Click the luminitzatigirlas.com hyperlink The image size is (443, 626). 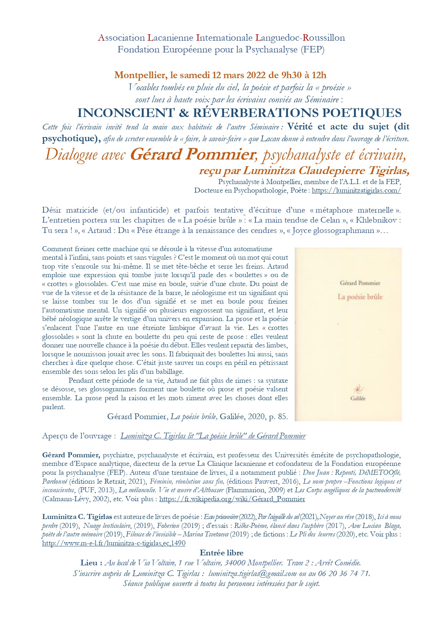pyautogui.click(x=356, y=190)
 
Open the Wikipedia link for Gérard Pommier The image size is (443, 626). pyautogui.click(x=232, y=499)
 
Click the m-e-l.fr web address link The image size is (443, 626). pyautogui.click(x=114, y=543)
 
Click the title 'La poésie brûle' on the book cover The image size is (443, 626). pyautogui.click(x=360, y=297)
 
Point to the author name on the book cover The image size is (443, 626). pyautogui.click(x=360, y=283)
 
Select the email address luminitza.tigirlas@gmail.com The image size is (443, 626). pyautogui.click(x=252, y=574)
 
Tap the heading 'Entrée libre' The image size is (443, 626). pyautogui.click(x=221, y=553)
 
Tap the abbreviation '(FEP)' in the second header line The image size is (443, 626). pyautogui.click(x=313, y=50)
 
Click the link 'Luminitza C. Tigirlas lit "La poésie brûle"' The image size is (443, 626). pyautogui.click(x=213, y=436)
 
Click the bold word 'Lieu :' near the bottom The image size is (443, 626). pyautogui.click(x=91, y=563)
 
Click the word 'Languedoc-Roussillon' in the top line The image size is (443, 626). pyautogui.click(x=300, y=38)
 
